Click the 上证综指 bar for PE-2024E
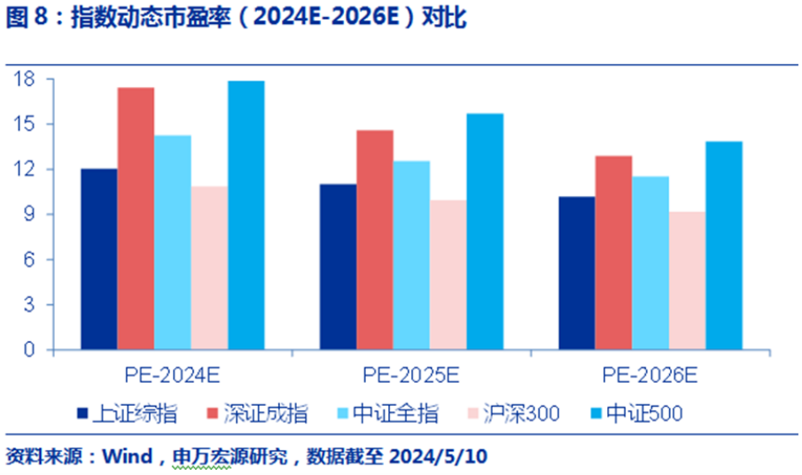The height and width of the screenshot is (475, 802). point(98,259)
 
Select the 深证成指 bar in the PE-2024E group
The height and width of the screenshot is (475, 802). point(136,218)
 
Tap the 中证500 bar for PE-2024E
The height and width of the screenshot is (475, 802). point(245,215)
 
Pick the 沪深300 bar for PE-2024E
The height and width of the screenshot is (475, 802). point(209,268)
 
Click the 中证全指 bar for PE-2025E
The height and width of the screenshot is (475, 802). point(411,255)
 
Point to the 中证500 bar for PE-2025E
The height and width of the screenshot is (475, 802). point(485,231)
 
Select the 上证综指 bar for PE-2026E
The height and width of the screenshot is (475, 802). point(577,273)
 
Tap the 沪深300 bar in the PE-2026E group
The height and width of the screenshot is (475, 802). point(687,280)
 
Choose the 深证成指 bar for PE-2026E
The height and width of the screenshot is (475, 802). point(613,253)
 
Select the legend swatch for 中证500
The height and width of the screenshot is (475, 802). point(596,413)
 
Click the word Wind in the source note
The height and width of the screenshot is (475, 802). point(127,457)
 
